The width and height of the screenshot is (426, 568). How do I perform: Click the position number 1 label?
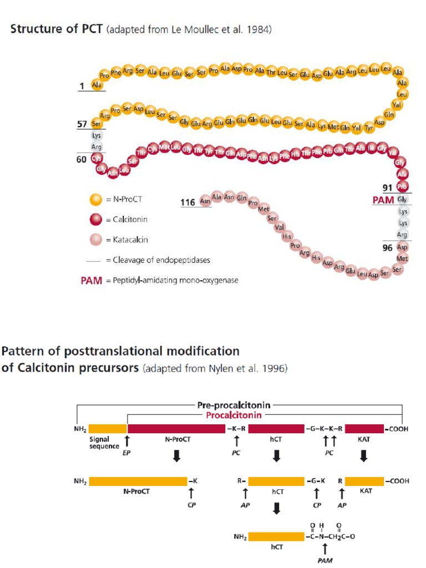click(x=82, y=85)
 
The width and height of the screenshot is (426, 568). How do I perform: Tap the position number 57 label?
click(x=82, y=124)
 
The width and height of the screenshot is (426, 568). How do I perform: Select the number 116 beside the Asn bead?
click(x=187, y=202)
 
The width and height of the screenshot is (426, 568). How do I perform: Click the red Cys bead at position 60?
click(x=97, y=159)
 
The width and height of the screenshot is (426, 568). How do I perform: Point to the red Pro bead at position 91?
click(x=403, y=187)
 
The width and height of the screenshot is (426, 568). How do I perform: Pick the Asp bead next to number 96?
click(x=403, y=247)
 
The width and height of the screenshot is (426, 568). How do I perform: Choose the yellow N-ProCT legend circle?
click(x=95, y=199)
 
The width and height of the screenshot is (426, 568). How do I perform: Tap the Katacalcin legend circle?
click(x=95, y=240)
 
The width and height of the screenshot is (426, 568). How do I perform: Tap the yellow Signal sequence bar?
click(x=108, y=429)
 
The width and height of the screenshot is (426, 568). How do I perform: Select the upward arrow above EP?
click(x=127, y=442)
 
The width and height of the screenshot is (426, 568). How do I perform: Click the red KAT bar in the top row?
click(x=364, y=429)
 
